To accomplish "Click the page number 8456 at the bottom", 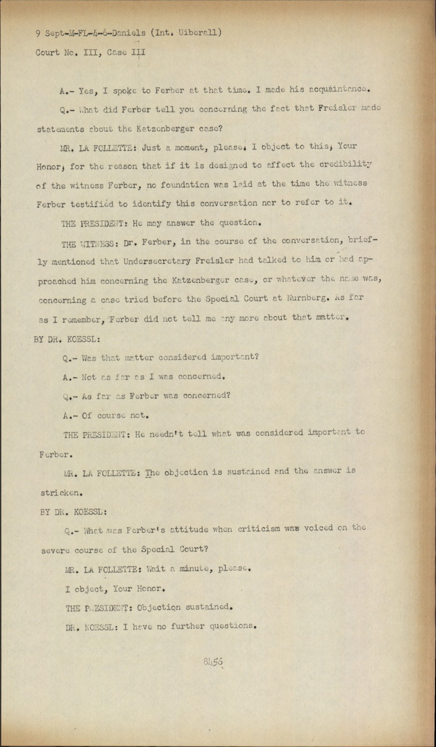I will click(x=213, y=662).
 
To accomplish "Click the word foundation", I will click(x=184, y=185).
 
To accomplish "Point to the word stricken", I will click(x=62, y=493).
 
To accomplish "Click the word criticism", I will click(x=258, y=529).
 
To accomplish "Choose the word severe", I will click(x=56, y=550).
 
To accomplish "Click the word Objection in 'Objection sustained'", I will click(x=159, y=607).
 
